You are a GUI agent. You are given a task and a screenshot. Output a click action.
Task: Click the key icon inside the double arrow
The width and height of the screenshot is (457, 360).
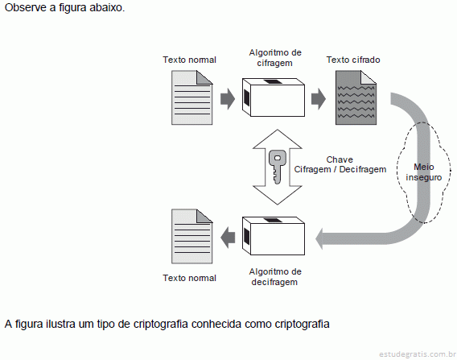277,167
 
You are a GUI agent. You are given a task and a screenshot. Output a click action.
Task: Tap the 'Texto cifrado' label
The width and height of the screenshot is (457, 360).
353,60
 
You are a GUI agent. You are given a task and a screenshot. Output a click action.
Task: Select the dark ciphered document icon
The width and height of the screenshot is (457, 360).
356,97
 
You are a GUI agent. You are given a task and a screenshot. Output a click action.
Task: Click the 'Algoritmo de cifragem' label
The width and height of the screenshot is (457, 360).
275,58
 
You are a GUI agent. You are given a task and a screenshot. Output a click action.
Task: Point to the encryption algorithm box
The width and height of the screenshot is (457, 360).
274,97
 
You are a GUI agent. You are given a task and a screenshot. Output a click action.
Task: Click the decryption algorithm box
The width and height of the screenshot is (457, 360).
274,236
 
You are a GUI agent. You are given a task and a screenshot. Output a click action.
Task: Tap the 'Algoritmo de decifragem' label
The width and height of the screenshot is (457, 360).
275,277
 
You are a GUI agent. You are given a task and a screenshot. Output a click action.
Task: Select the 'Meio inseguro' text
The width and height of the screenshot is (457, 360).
424,172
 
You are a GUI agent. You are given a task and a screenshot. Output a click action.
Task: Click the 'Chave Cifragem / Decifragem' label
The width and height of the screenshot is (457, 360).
340,164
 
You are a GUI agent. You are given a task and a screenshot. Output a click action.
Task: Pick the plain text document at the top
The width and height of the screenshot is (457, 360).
192,97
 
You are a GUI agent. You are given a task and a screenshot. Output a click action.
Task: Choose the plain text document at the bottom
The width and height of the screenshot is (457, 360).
192,236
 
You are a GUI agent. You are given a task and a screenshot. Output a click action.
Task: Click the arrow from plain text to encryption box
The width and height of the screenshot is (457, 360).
228,99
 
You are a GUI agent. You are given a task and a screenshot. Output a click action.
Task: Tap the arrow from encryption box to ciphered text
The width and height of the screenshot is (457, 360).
319,99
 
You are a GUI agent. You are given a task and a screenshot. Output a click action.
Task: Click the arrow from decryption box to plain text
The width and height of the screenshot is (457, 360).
228,238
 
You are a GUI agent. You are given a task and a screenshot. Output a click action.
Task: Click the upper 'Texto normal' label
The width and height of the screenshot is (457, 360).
189,60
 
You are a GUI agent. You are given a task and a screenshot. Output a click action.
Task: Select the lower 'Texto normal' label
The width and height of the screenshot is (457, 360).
189,278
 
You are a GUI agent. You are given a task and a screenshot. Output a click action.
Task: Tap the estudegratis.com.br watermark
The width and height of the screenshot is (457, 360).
418,354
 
